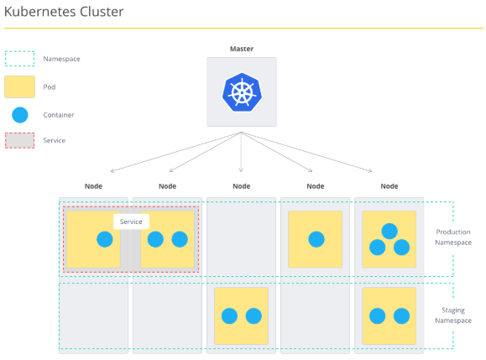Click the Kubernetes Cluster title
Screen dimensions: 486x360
click(64, 12)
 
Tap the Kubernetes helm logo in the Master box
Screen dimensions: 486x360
click(242, 92)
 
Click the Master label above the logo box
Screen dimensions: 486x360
click(242, 49)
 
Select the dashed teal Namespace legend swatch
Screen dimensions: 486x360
click(19, 59)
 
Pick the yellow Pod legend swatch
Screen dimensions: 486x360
click(19, 86)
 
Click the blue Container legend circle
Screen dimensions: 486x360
click(20, 115)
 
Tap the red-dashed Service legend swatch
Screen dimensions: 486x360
click(19, 140)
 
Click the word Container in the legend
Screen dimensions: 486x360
click(59, 115)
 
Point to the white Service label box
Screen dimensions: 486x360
click(131, 222)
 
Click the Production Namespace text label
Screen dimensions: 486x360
click(453, 237)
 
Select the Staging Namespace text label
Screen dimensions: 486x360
click(453, 316)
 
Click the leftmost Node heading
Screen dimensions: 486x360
click(93, 186)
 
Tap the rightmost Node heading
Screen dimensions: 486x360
click(389, 186)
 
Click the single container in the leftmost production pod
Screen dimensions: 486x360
click(105, 239)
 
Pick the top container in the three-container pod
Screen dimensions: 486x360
click(389, 231)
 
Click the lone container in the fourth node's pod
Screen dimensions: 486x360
click(316, 239)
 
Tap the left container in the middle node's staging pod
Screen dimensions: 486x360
click(229, 316)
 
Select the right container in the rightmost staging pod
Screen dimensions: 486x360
click(402, 316)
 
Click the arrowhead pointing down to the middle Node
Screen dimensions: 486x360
click(241, 170)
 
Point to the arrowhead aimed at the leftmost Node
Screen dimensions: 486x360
click(112, 170)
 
